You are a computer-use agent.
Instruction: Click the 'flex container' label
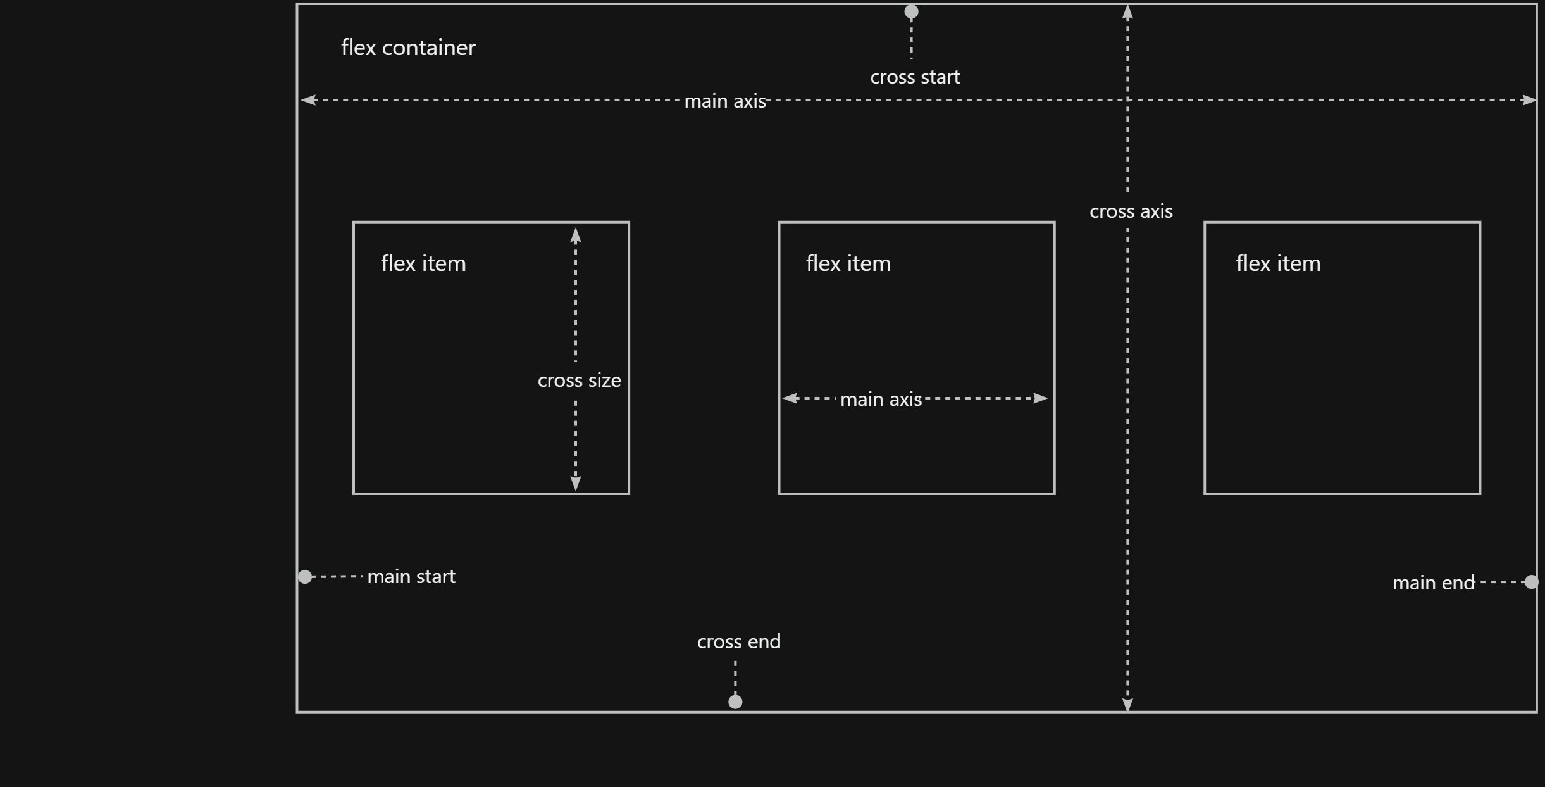pos(408,47)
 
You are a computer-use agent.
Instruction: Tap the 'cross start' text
pos(915,77)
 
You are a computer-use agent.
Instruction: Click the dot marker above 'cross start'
pos(911,11)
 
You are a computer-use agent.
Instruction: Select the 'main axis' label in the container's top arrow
pos(725,101)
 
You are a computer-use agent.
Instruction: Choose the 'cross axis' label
pos(1131,211)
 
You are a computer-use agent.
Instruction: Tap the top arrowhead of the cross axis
pos(1127,12)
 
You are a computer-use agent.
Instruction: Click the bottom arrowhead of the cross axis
pos(1127,705)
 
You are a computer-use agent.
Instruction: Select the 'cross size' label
pos(579,381)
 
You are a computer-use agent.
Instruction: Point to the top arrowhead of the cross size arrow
pos(576,236)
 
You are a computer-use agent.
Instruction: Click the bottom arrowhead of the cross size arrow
pos(576,483)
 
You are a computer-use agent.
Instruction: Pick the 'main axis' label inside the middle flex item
pos(881,400)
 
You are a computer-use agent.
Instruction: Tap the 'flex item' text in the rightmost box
pos(1278,263)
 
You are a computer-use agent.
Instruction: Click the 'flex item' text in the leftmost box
pos(423,263)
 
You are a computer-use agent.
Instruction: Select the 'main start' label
pos(411,577)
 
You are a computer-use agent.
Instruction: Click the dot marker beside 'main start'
pos(305,577)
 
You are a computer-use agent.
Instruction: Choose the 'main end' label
pos(1433,583)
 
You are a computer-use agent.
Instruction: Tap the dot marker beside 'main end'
pos(1531,582)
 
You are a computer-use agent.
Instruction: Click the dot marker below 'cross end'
pos(735,702)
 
